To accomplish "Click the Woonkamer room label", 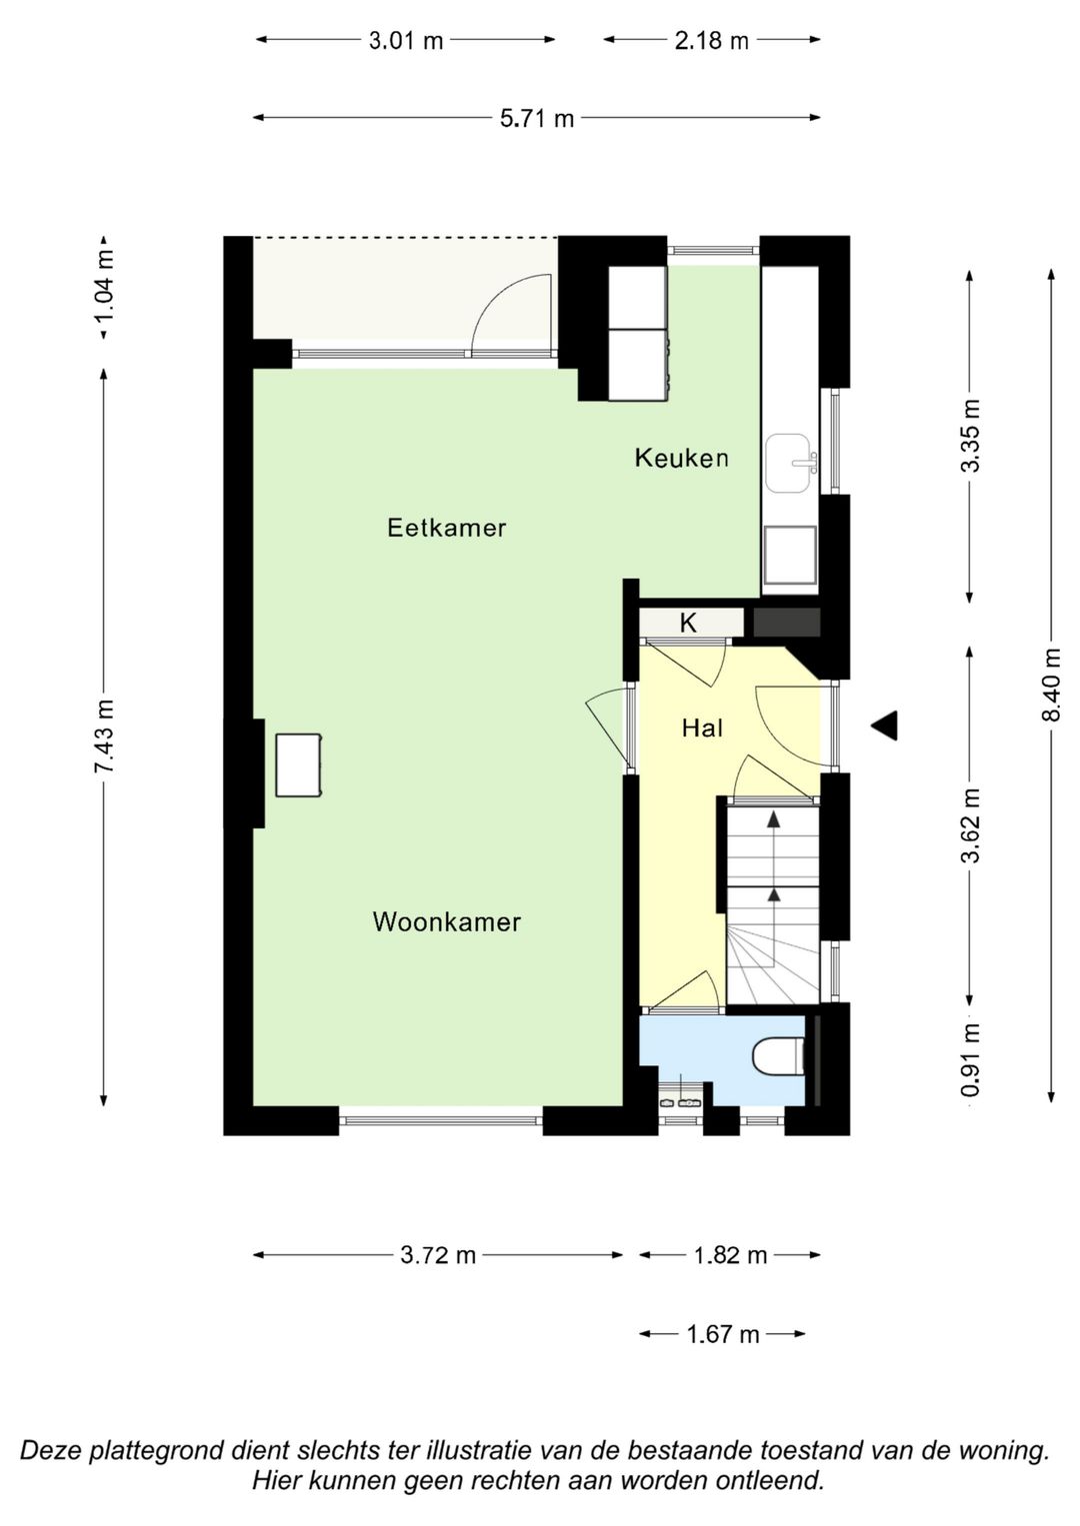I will tap(446, 921).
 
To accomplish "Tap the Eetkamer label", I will tap(446, 528).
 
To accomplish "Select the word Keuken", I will tap(681, 459).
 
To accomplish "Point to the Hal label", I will tap(702, 729).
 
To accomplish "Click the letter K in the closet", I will tap(688, 624).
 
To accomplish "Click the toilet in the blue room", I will tap(778, 1056).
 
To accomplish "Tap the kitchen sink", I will tap(790, 464).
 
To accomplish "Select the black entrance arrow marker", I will tap(884, 727).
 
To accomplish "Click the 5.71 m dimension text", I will tap(537, 119).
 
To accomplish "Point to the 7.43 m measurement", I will tap(104, 736).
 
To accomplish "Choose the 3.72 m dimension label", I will tap(438, 1255).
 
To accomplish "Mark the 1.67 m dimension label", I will tap(723, 1334).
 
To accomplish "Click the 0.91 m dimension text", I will tap(970, 1060).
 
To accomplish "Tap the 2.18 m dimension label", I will tap(711, 41).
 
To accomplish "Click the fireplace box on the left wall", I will tap(298, 764).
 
